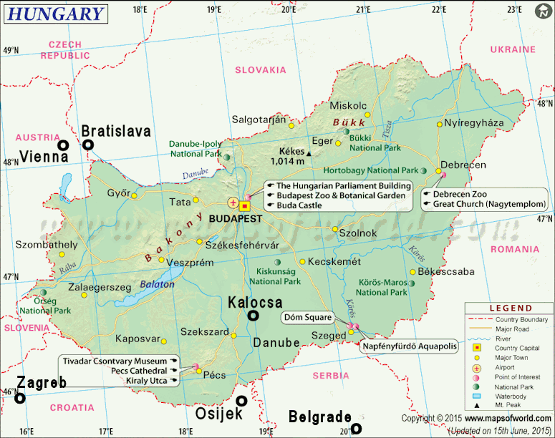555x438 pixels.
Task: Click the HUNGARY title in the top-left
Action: [55, 13]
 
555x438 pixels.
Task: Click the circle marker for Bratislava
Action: [88, 145]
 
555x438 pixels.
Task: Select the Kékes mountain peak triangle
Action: [309, 153]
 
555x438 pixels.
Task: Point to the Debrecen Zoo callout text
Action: [459, 193]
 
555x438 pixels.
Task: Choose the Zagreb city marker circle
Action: [21, 398]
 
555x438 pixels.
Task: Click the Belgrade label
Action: [319, 417]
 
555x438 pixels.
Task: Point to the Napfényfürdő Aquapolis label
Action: [409, 345]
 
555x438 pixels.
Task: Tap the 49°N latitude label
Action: [11, 51]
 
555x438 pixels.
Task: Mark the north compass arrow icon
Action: [544, 10]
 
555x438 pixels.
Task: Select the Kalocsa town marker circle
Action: [253, 316]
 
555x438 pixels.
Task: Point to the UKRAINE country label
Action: [512, 49]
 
